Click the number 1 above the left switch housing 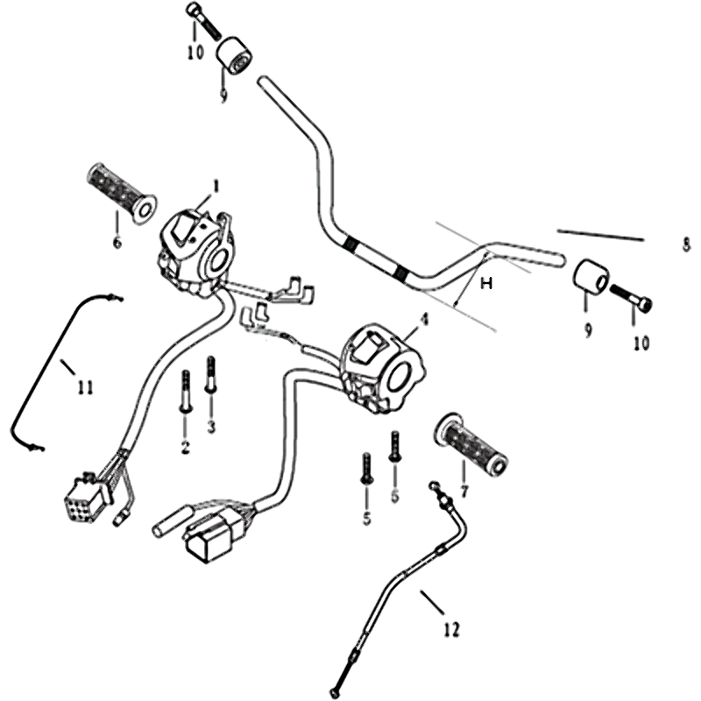point(216,185)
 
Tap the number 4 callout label point(424,321)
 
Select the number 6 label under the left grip point(117,242)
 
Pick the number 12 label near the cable point(450,628)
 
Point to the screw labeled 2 point(186,391)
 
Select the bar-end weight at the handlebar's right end point(590,278)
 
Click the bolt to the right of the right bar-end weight point(632,298)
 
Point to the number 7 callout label point(463,491)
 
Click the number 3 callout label point(211,427)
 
